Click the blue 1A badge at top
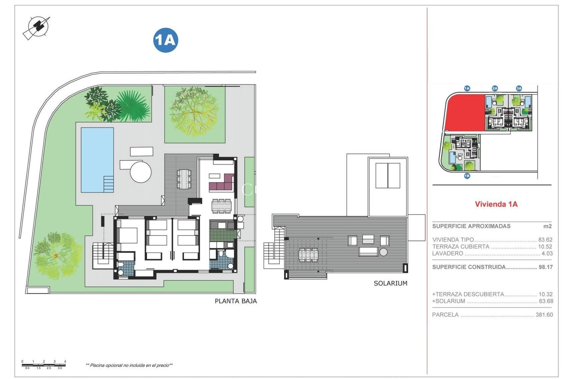166,40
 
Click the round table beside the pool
141,171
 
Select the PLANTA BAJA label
236,301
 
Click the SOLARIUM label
390,283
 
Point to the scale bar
43,365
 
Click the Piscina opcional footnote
129,365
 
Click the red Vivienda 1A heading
496,204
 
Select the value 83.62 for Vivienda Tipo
545,240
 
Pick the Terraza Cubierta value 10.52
545,247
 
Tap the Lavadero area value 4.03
547,253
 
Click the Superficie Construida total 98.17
546,267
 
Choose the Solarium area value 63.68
546,301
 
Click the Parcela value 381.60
544,315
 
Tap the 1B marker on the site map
467,176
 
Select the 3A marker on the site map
519,88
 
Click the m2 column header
547,226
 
